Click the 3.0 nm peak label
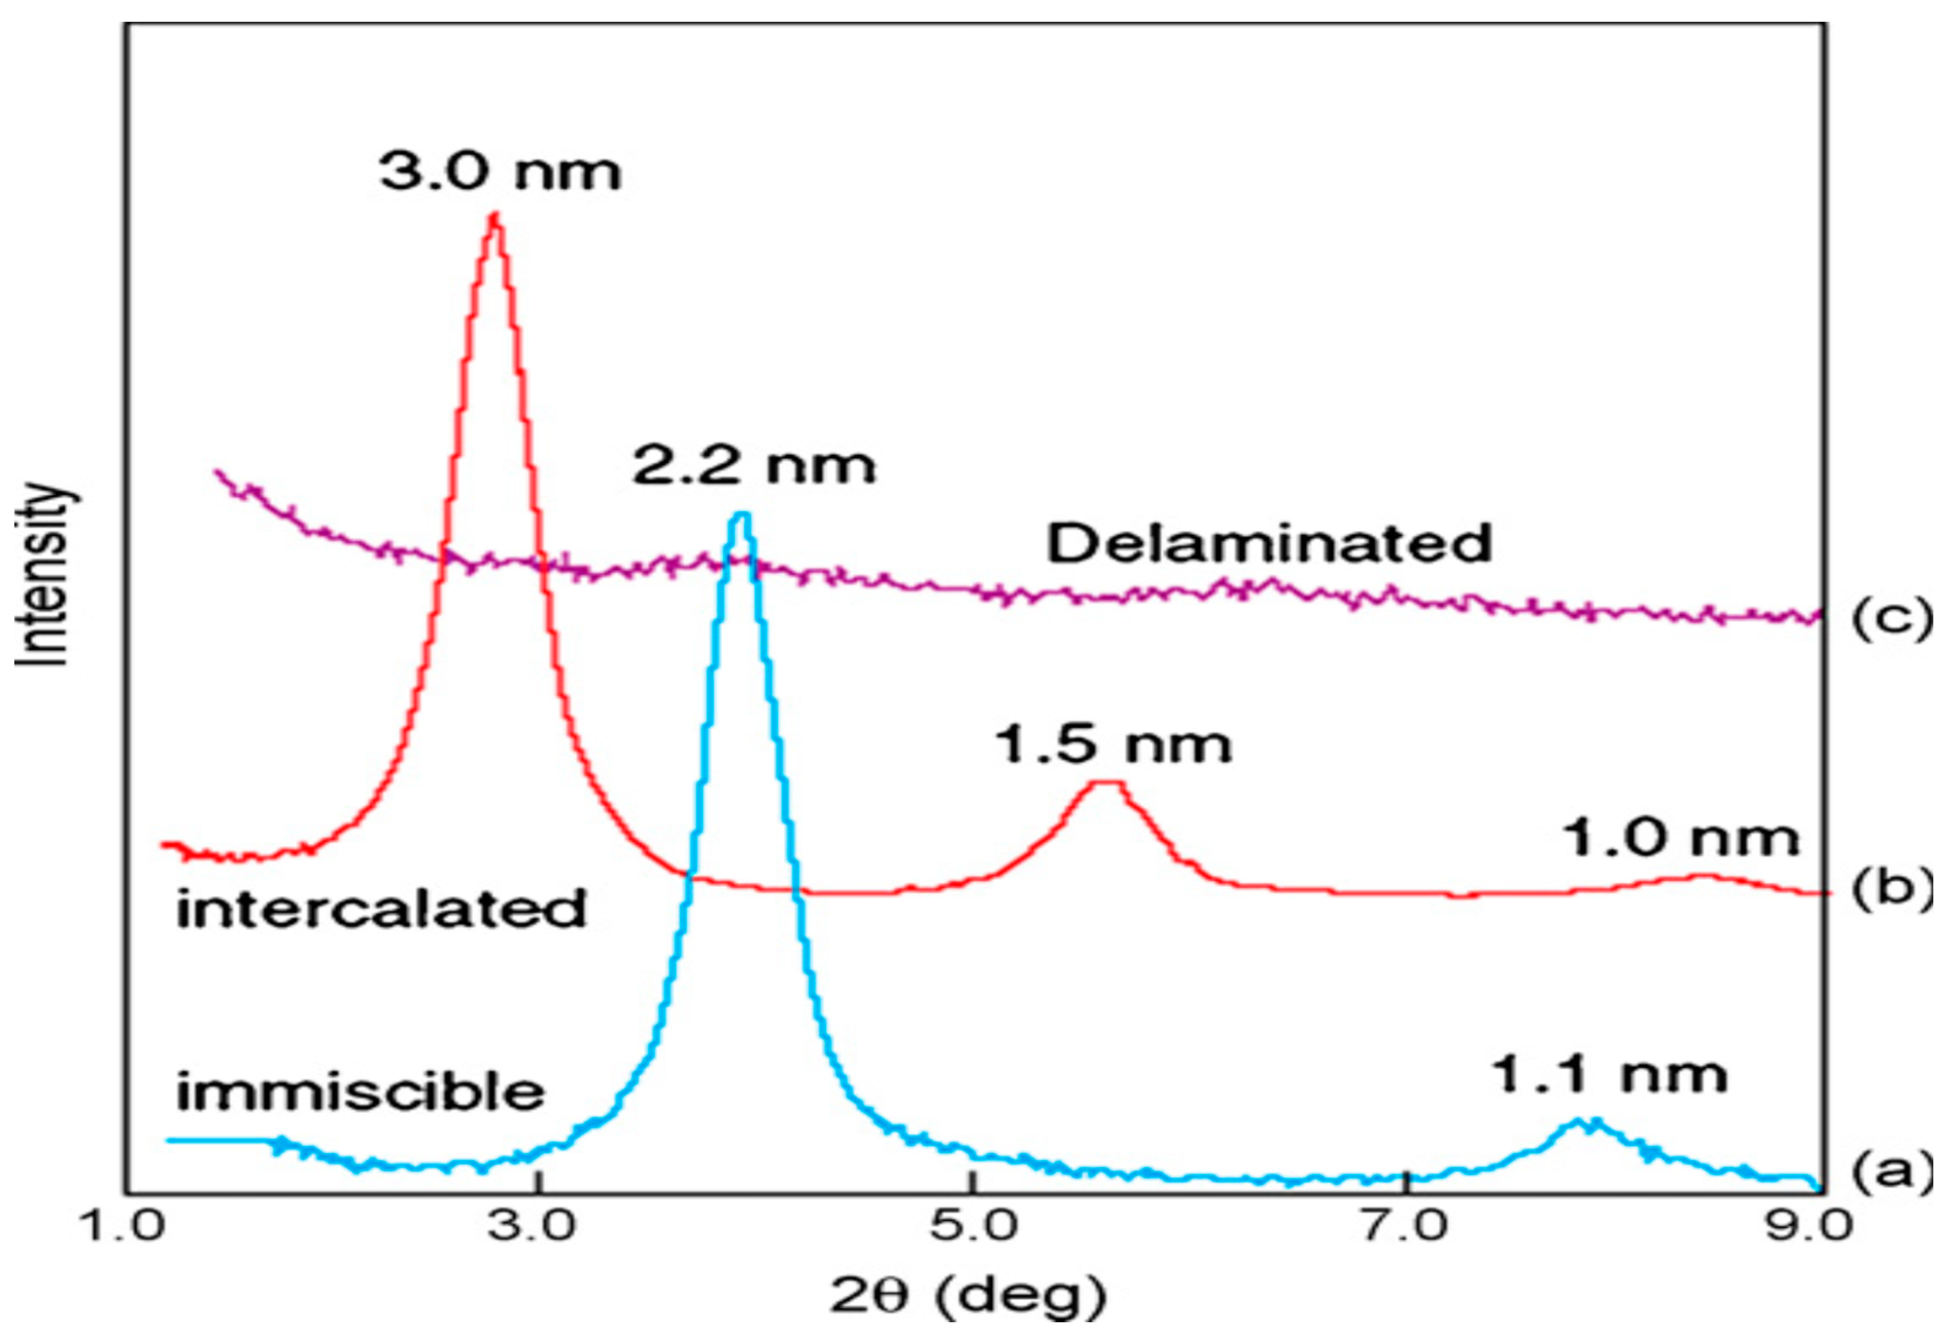500,173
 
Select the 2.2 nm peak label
754,466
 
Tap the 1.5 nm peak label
1113,745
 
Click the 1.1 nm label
1608,1075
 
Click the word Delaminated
1269,544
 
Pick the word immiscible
360,1092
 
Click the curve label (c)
1891,620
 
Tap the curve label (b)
1891,890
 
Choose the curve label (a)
1891,1169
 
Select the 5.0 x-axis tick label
971,1227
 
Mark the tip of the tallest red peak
495,215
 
